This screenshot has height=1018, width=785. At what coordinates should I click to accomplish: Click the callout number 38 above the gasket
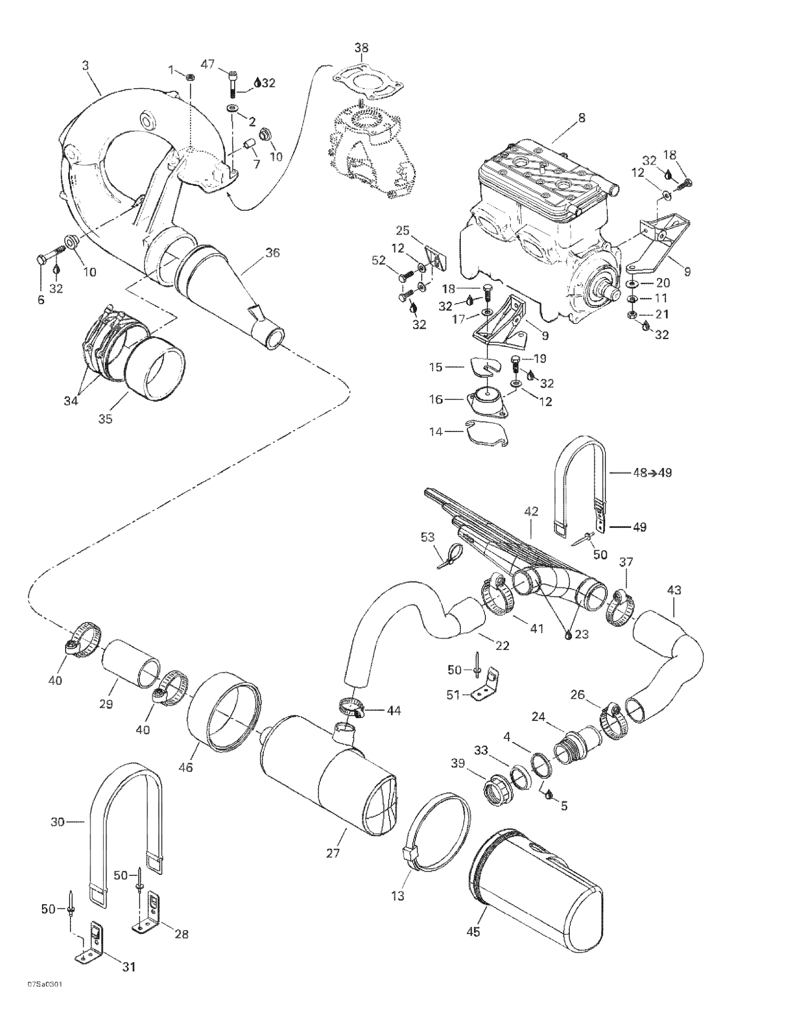coord(361,48)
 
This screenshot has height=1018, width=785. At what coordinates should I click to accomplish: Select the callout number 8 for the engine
coord(582,118)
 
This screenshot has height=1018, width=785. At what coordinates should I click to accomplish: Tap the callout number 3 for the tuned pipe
coord(85,66)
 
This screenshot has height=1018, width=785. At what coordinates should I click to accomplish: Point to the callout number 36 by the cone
coord(272,252)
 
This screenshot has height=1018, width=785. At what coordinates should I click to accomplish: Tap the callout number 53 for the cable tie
coord(428,538)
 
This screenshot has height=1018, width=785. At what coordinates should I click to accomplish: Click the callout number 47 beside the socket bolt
coord(208,64)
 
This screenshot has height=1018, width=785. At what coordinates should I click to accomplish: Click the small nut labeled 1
coord(190,78)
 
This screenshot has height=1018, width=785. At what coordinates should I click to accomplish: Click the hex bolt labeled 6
coord(40,258)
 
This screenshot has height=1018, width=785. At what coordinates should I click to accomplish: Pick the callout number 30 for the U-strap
coord(57,822)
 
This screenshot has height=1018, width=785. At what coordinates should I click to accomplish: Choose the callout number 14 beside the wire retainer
coord(435,432)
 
